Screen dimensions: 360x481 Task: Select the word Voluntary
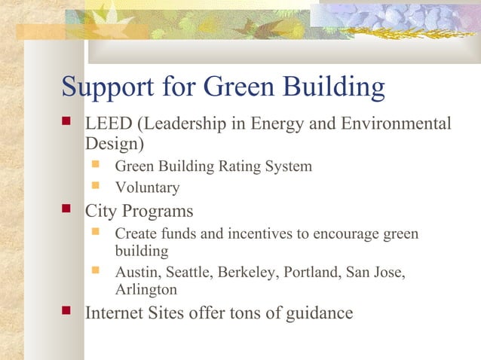tap(147, 188)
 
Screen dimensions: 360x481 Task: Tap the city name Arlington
tap(146, 290)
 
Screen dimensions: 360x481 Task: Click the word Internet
tap(116, 313)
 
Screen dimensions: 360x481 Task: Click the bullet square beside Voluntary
tap(95, 186)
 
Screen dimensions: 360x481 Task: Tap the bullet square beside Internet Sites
tap(67, 310)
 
